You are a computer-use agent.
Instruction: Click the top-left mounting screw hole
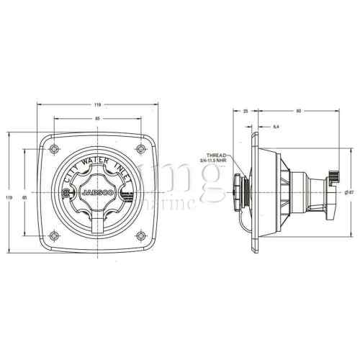[x=56, y=148]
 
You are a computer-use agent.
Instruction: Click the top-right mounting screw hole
[x=139, y=148]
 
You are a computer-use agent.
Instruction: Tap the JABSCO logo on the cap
[x=99, y=194]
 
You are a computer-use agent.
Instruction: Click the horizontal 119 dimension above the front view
[x=97, y=103]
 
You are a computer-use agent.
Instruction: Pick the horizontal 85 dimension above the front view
[x=97, y=117]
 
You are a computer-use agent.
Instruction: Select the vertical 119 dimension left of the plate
[x=8, y=196]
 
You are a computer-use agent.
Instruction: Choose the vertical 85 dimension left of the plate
[x=24, y=196]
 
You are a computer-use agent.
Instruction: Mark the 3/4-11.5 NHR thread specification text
[x=220, y=161]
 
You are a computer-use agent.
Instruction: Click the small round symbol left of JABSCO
[x=68, y=194]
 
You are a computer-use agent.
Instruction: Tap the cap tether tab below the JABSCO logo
[x=98, y=216]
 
